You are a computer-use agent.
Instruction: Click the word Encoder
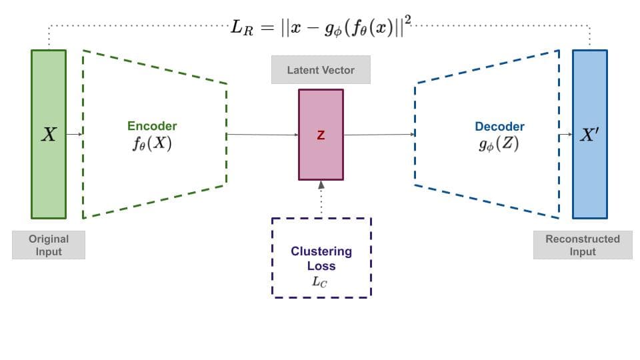[152, 126]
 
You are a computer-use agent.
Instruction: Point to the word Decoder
[499, 126]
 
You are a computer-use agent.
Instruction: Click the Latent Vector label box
[321, 70]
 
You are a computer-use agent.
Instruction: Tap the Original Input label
[49, 245]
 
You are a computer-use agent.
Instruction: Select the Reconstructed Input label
[583, 245]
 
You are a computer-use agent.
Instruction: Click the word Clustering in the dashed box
[321, 251]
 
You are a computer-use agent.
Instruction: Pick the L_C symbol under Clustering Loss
[321, 281]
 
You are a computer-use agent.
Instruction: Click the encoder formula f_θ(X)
[152, 142]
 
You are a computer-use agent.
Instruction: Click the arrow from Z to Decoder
[379, 135]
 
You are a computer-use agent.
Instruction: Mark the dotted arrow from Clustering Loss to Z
[321, 198]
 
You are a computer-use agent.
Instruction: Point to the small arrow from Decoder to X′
[565, 135]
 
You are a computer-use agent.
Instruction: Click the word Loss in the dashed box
[321, 266]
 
